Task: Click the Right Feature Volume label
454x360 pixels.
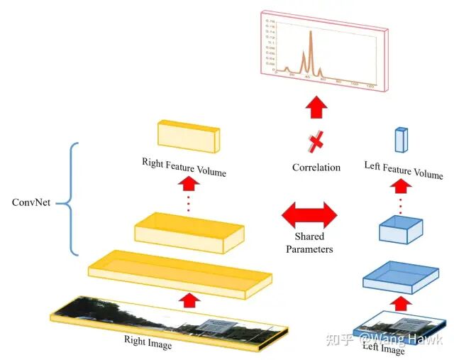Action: (x=184, y=167)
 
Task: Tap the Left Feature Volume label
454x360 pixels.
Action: (x=403, y=170)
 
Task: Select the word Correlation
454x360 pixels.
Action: (x=316, y=168)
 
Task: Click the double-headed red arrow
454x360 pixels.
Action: (x=310, y=213)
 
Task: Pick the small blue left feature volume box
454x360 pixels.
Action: (x=402, y=139)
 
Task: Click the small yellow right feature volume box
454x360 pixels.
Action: (x=188, y=136)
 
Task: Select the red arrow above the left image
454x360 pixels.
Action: (x=400, y=303)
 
